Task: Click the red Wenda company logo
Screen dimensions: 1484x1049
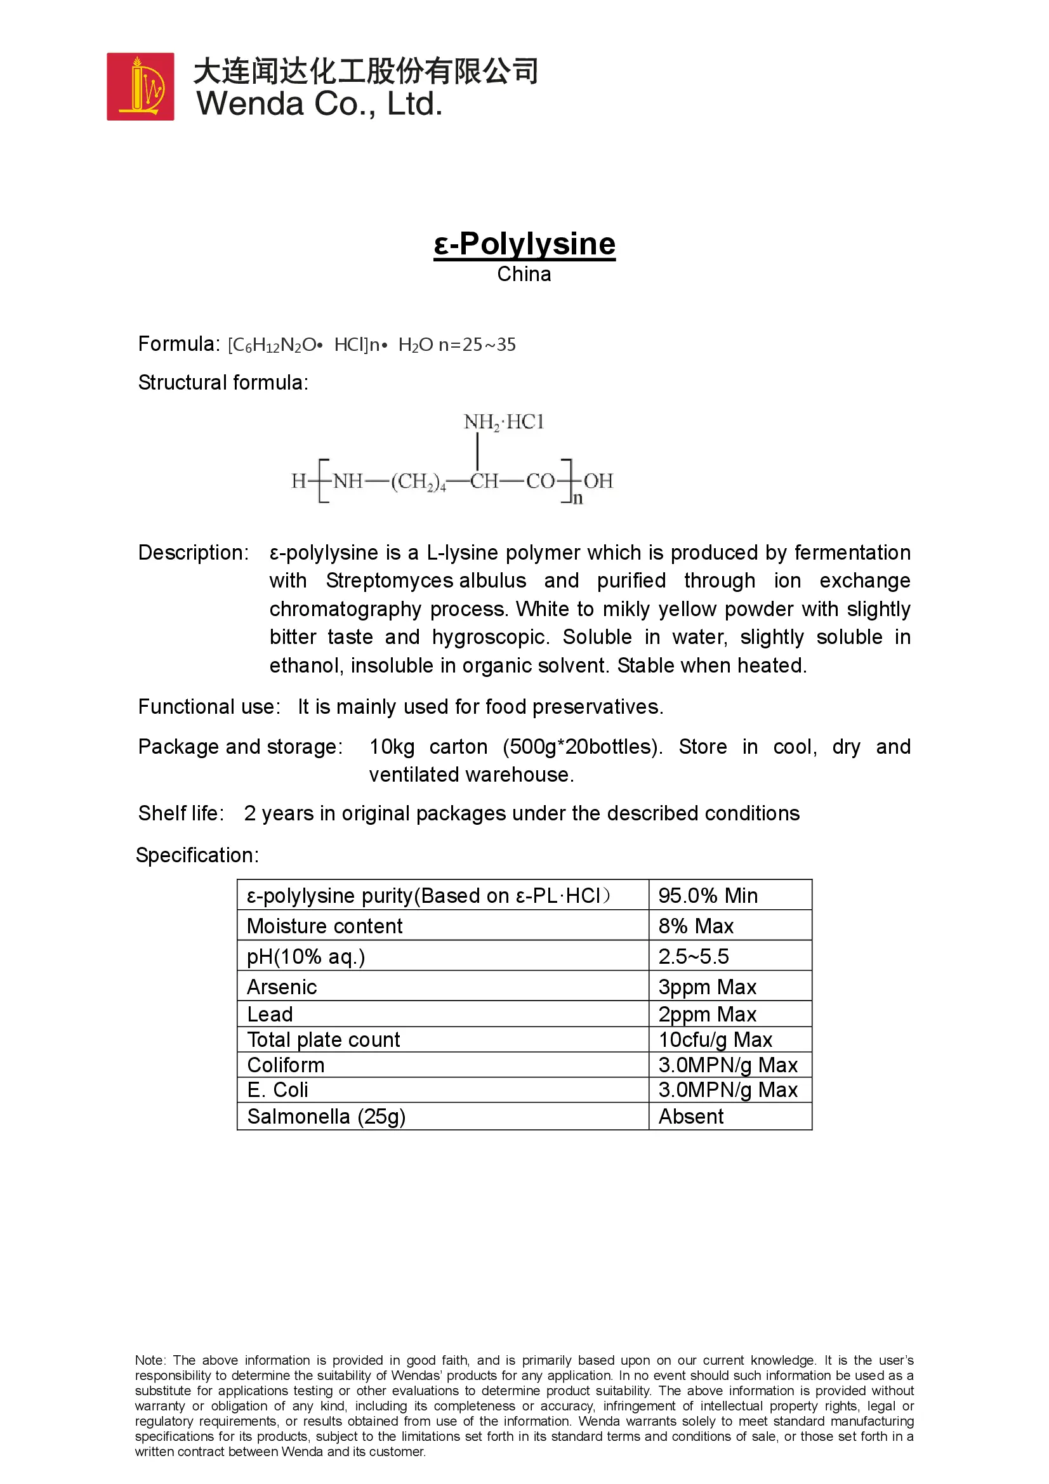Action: coord(140,87)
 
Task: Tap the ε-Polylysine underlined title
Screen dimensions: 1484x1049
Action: coord(524,244)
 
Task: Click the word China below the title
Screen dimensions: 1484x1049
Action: coord(524,274)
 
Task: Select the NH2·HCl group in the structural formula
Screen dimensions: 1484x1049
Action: coord(503,422)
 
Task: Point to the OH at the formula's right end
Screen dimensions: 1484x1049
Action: coord(598,481)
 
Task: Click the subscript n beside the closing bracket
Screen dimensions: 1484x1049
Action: coord(577,498)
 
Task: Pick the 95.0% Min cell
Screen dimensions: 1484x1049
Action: coord(708,895)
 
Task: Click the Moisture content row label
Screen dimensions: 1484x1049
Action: coord(324,926)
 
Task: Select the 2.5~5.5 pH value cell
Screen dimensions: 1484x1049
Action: coord(694,956)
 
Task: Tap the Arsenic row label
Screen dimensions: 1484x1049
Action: coord(282,987)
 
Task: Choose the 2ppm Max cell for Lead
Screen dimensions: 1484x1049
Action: coord(707,1014)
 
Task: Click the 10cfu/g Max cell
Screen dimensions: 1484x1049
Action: coord(715,1039)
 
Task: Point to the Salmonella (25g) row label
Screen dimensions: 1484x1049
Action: coord(326,1116)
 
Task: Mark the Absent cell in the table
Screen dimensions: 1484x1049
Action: coord(691,1116)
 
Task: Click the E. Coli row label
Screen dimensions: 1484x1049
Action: coord(277,1090)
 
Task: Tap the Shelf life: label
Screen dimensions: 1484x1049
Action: coord(181,813)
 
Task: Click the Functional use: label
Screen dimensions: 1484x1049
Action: coord(209,706)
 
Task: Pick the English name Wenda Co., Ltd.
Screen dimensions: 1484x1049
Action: coord(320,104)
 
